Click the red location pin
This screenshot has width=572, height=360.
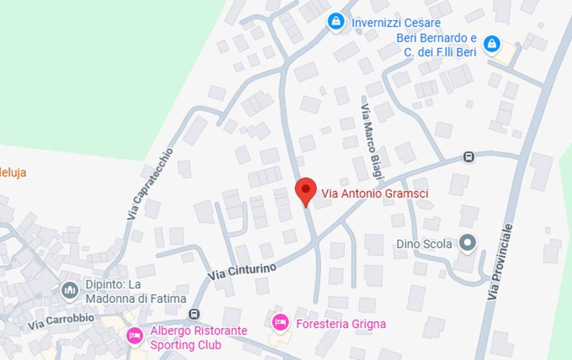pyautogui.click(x=306, y=191)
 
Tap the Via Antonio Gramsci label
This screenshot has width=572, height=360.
pyautogui.click(x=375, y=194)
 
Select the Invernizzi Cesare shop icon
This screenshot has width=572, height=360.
pyautogui.click(x=335, y=22)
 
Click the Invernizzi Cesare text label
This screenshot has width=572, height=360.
pyautogui.click(x=395, y=23)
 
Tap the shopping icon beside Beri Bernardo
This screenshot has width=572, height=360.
pyautogui.click(x=492, y=43)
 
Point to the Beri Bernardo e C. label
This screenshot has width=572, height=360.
pyautogui.click(x=436, y=45)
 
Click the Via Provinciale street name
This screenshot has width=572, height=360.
pyautogui.click(x=500, y=262)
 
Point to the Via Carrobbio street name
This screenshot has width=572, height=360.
pyautogui.click(x=61, y=321)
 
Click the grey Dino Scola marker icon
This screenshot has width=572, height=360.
pyautogui.click(x=467, y=243)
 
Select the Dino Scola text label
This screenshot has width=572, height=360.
pyautogui.click(x=424, y=244)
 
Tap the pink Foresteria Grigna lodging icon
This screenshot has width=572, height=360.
pyautogui.click(x=280, y=323)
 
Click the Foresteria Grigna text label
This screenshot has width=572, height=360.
pyautogui.click(x=341, y=324)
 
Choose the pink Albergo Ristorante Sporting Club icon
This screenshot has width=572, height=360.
pyautogui.click(x=134, y=335)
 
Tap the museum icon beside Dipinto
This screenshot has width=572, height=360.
pyautogui.click(x=70, y=290)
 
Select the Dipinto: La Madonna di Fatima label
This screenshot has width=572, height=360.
pyautogui.click(x=136, y=291)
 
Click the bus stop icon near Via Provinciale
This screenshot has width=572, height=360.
pyautogui.click(x=469, y=157)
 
